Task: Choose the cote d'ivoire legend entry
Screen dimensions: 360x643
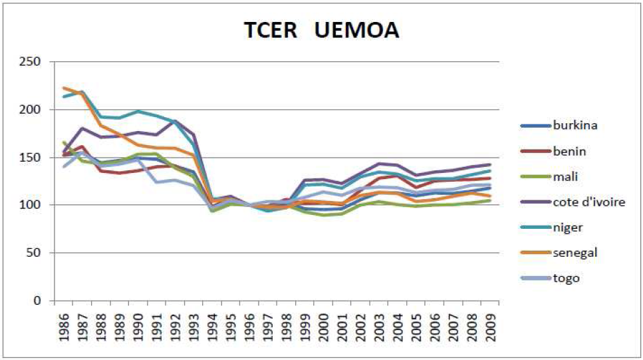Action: [588, 202]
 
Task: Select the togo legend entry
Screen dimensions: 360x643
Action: [567, 278]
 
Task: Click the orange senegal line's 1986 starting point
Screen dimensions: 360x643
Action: [64, 88]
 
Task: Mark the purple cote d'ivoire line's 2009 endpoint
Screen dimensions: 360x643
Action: [490, 164]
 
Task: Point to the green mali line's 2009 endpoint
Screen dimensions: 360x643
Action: [490, 200]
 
